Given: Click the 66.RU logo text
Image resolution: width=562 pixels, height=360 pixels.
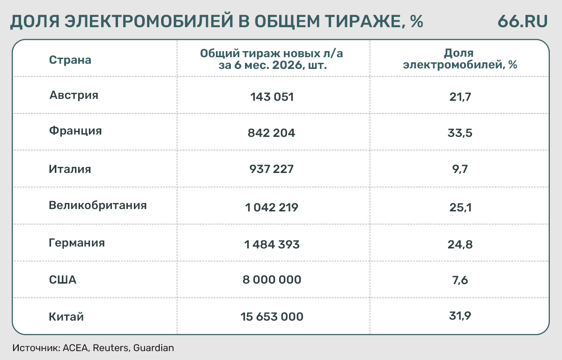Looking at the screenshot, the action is pyautogui.click(x=522, y=21).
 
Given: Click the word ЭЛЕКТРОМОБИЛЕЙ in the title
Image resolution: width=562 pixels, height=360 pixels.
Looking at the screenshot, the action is pyautogui.click(x=149, y=21).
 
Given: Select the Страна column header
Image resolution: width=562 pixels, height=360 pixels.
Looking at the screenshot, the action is pyautogui.click(x=70, y=60).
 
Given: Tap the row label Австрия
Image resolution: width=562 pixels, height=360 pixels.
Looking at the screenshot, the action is pyautogui.click(x=74, y=96).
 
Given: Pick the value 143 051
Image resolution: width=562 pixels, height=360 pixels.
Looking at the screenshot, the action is pyautogui.click(x=272, y=97).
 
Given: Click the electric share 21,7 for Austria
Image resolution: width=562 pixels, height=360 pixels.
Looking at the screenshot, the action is pyautogui.click(x=460, y=97).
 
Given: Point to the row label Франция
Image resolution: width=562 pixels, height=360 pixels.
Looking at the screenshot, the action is pyautogui.click(x=75, y=131).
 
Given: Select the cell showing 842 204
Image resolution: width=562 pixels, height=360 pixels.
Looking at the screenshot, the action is pyautogui.click(x=271, y=133).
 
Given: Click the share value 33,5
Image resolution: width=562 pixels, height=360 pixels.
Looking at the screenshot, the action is pyautogui.click(x=460, y=133).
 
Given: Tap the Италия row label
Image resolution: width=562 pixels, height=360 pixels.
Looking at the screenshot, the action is pyautogui.click(x=70, y=169).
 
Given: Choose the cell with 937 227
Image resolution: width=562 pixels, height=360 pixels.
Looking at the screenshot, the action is pyautogui.click(x=272, y=169).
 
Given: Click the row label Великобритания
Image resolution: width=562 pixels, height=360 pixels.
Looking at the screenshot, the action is pyautogui.click(x=97, y=206).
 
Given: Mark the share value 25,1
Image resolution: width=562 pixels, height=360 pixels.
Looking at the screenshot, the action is pyautogui.click(x=460, y=207).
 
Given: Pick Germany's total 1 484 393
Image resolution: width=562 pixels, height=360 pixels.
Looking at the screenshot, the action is pyautogui.click(x=272, y=245).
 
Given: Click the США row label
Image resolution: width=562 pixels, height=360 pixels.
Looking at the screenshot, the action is pyautogui.click(x=62, y=280).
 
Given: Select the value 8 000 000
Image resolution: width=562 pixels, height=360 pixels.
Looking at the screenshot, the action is pyautogui.click(x=272, y=280).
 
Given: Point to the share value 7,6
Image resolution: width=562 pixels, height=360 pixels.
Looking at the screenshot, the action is pyautogui.click(x=460, y=280).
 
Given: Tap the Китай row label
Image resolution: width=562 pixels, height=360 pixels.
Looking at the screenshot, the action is pyautogui.click(x=66, y=316).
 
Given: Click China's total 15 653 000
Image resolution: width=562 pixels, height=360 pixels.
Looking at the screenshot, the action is pyautogui.click(x=272, y=316).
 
